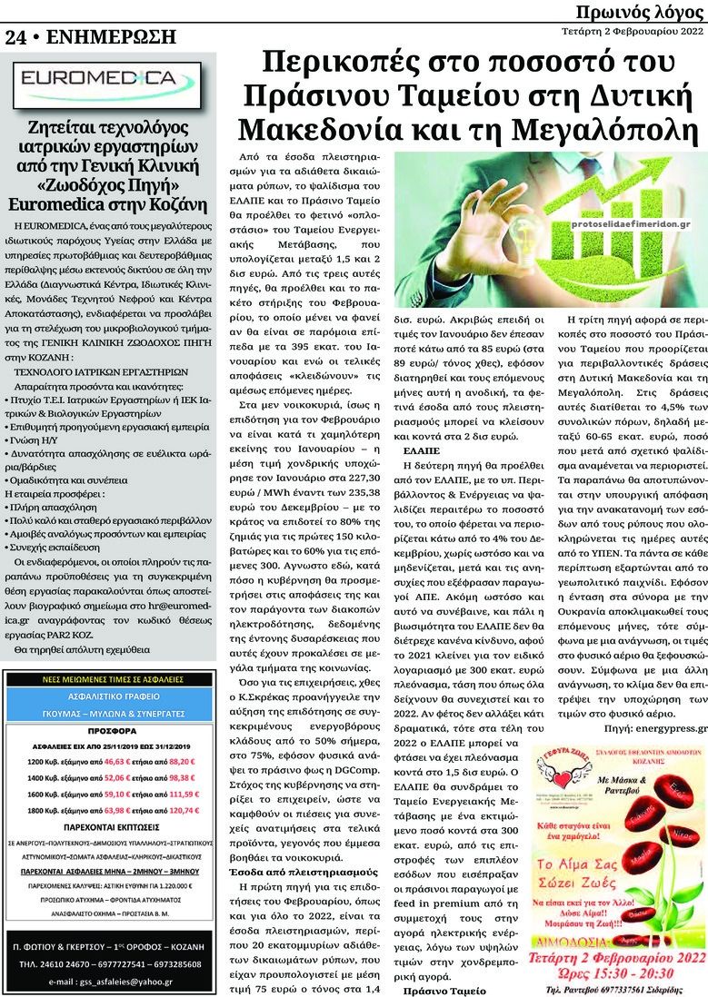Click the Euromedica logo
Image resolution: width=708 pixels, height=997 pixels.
(110, 80)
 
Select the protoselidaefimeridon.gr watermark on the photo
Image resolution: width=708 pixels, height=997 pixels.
(633, 223)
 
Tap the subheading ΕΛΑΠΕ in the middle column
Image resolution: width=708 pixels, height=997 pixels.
(422, 450)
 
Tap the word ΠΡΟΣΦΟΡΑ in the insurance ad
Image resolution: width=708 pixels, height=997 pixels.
(111, 729)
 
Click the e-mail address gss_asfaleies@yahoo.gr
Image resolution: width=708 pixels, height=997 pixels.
(111, 981)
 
